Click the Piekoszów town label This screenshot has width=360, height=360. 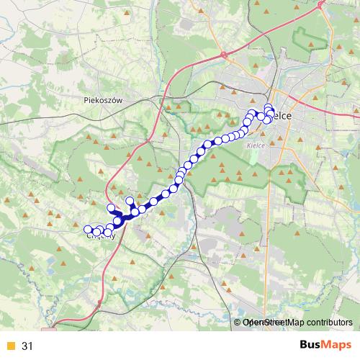(x=104, y=102)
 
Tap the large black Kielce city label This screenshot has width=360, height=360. (x=278, y=117)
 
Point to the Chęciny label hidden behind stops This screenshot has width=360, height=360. (x=100, y=233)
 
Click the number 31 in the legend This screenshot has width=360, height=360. (x=27, y=346)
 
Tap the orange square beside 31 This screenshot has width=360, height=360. (x=10, y=346)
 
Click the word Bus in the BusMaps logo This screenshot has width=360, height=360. (x=312, y=346)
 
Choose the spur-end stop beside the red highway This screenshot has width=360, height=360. (x=111, y=209)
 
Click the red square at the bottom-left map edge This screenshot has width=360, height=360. (x=49, y=330)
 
